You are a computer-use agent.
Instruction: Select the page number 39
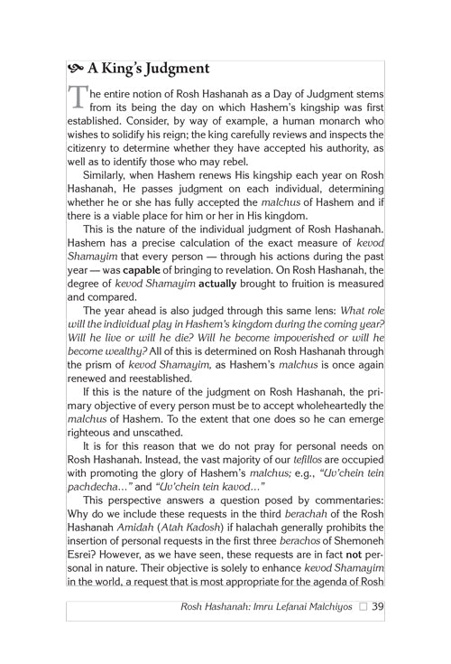pyautogui.click(x=379, y=605)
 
